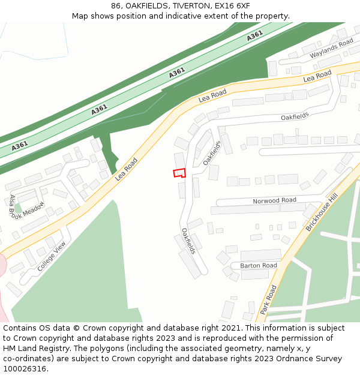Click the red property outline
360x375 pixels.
179,173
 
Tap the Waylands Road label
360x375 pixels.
331,49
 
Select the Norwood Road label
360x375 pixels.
274,200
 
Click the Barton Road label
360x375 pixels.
259,265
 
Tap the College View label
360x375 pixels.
51,256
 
